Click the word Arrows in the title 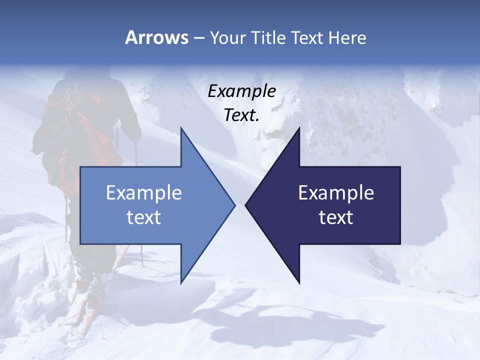click(x=156, y=37)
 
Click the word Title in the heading click(x=270, y=38)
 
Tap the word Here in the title click(x=347, y=38)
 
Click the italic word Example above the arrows click(x=242, y=91)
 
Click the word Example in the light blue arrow click(x=144, y=193)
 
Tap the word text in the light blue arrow click(x=144, y=217)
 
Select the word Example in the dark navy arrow click(x=336, y=193)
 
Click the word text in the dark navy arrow click(x=336, y=217)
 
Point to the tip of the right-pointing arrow click(x=235, y=205)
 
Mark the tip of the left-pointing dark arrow click(x=245, y=205)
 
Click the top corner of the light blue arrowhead click(x=181, y=128)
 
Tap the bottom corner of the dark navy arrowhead click(x=299, y=282)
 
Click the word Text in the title click(x=309, y=38)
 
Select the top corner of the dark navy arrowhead click(x=299, y=128)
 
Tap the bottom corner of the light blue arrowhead click(x=181, y=282)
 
